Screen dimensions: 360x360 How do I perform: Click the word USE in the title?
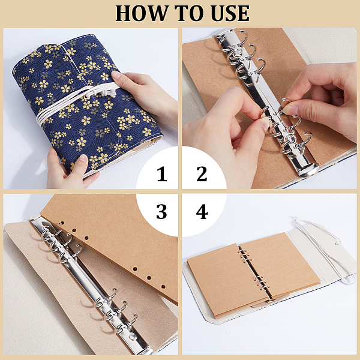230,13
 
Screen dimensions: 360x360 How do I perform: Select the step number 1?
162,174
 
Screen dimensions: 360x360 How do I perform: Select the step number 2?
202,174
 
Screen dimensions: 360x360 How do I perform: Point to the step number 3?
161,211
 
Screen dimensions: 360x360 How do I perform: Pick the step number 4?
202,211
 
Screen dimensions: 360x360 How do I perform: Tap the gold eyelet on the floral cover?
87,97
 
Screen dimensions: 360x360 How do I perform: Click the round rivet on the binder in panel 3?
133,337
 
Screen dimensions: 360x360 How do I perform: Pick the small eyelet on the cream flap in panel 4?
337,242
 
